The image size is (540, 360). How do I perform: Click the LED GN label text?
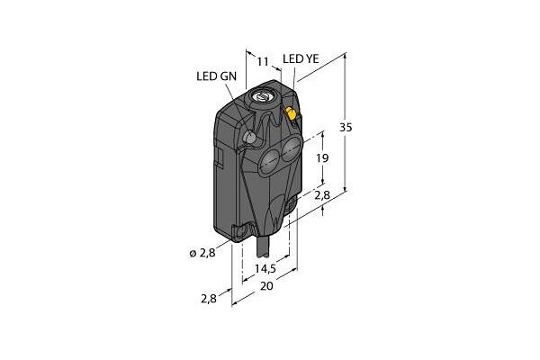tap(217, 76)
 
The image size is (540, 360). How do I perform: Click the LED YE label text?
tap(301, 58)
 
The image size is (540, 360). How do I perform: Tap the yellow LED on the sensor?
tap(291, 113)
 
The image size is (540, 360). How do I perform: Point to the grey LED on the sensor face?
tap(249, 138)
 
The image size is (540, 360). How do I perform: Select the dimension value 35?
tap(346, 128)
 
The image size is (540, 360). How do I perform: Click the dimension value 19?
tap(322, 158)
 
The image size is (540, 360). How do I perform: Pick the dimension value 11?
tap(263, 62)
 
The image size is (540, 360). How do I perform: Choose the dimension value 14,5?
tap(265, 268)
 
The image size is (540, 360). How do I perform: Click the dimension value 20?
tap(267, 286)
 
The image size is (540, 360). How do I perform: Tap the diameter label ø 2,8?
tap(202, 253)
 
